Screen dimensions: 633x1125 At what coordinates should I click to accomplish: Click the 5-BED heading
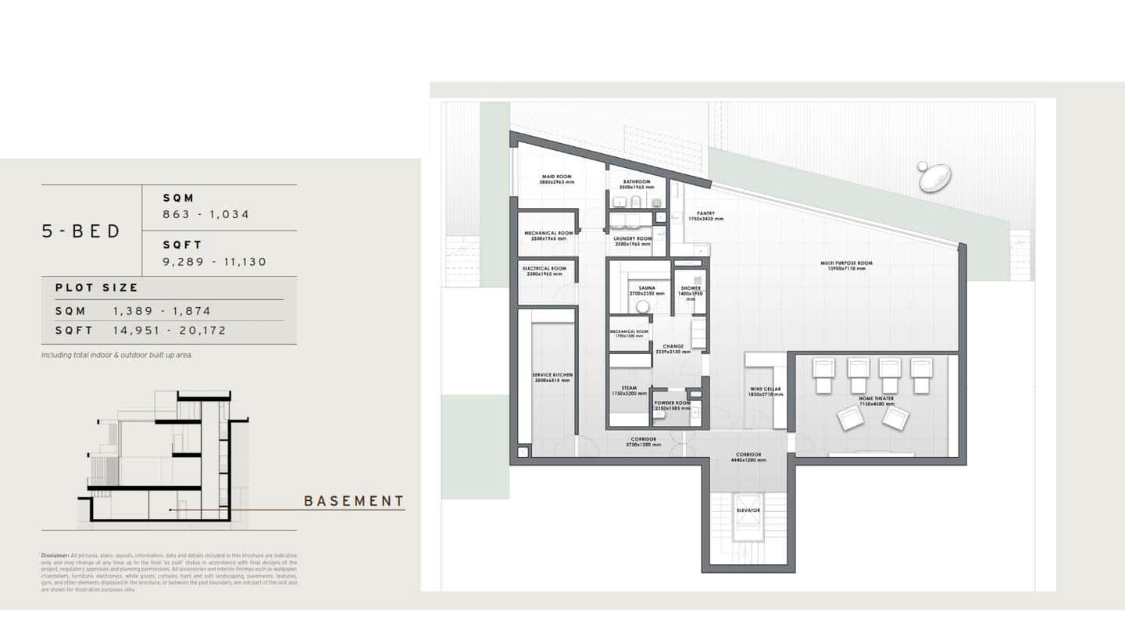point(81,231)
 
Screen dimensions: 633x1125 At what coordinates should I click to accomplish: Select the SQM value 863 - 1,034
point(205,214)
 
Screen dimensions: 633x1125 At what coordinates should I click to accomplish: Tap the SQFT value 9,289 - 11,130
point(214,262)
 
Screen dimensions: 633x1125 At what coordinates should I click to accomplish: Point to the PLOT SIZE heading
point(96,288)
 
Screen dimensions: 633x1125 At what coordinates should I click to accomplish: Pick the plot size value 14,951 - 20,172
point(170,331)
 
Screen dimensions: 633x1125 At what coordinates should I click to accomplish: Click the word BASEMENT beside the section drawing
point(354,501)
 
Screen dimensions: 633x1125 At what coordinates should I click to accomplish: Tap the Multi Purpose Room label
point(846,264)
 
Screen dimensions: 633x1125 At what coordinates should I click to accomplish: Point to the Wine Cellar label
point(766,390)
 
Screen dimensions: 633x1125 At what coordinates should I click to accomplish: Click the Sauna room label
point(646,289)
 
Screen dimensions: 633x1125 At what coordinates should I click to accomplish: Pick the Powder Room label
point(672,404)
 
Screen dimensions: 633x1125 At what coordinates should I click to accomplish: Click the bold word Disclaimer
point(55,556)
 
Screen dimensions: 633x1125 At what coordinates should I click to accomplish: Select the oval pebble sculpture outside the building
point(934,178)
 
